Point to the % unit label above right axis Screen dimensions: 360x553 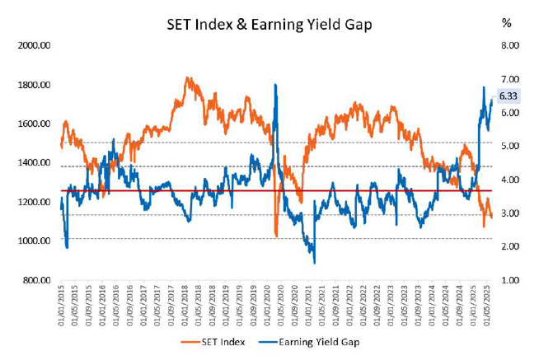(506, 24)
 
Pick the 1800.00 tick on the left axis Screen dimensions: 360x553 (34, 85)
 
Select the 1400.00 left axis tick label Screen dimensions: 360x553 (34, 163)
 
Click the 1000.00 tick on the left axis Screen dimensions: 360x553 (34, 241)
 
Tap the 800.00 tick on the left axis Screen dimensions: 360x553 (36, 281)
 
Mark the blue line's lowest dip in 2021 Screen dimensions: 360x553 (314, 262)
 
